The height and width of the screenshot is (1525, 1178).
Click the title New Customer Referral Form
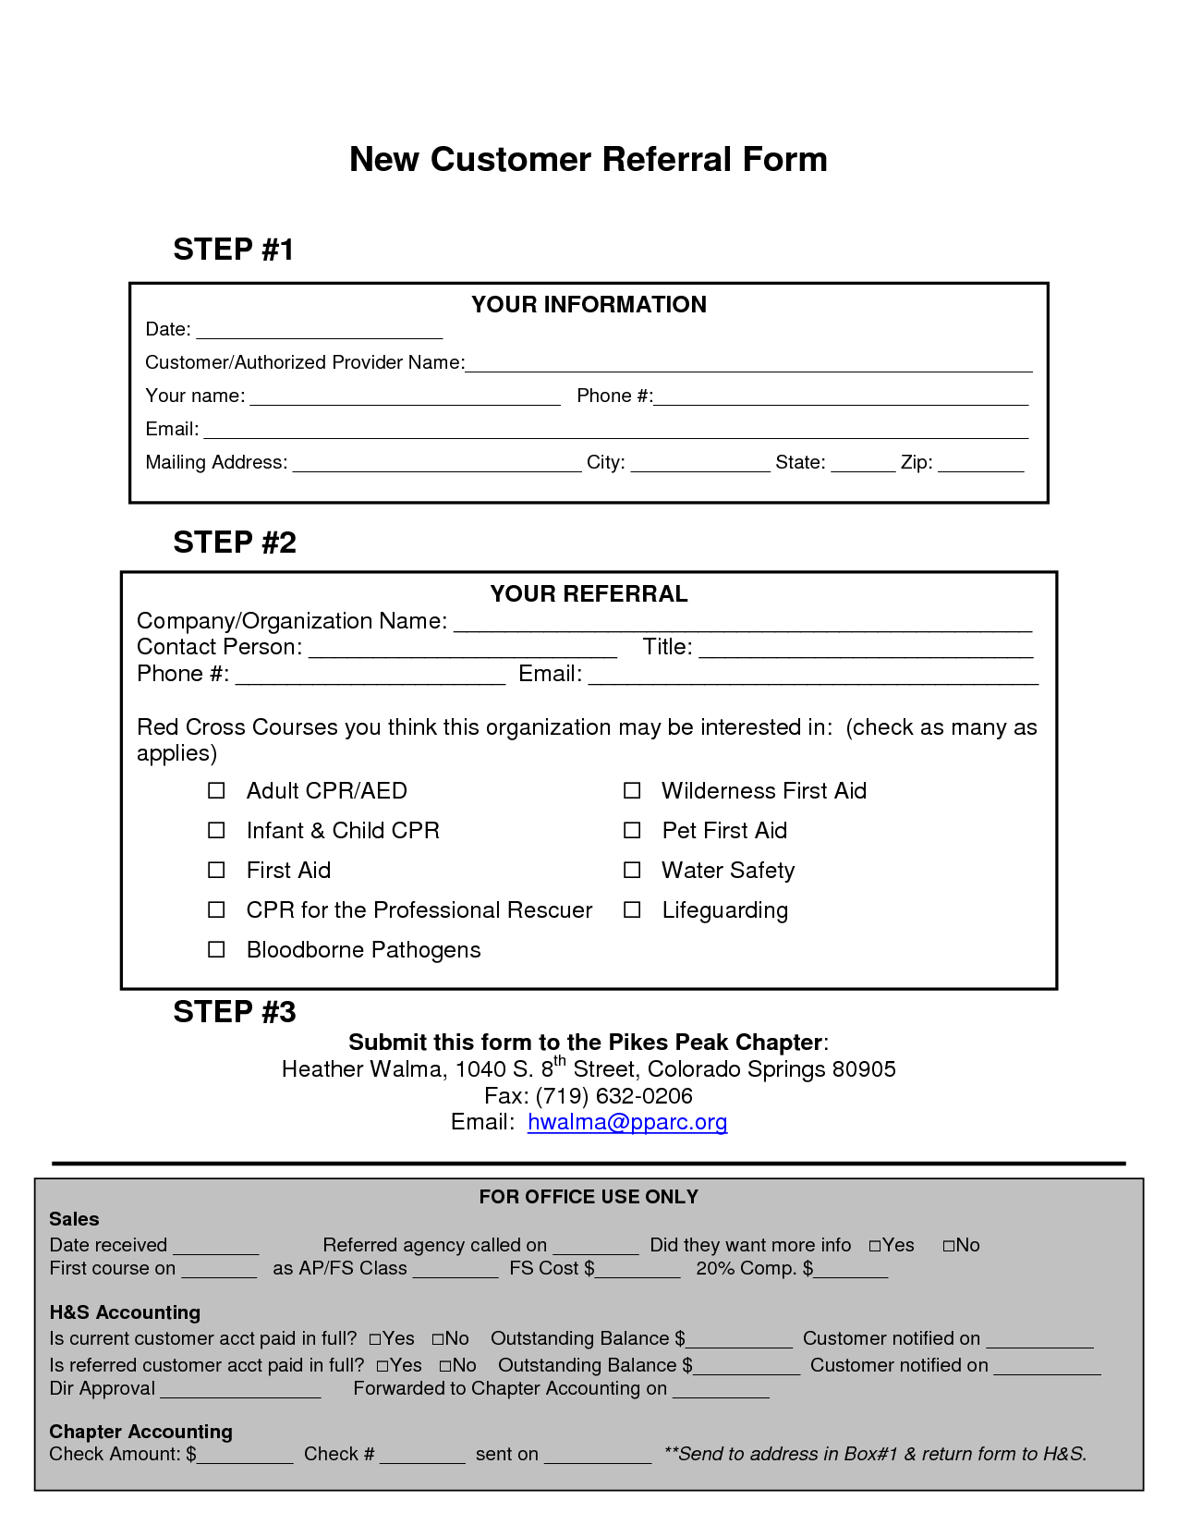coord(588,159)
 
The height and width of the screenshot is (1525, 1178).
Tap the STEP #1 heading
coord(233,250)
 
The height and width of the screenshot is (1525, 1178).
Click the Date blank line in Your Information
coord(319,332)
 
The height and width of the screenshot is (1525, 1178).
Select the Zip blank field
coord(980,465)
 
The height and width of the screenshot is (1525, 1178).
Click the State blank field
coord(862,465)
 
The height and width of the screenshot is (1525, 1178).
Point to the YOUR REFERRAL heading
coord(589,594)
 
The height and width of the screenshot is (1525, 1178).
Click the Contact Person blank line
coord(462,650)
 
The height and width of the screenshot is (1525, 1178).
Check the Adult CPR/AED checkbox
coord(216,791)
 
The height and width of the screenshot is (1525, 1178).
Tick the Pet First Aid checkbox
coord(632,831)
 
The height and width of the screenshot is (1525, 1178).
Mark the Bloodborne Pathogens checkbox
coord(216,950)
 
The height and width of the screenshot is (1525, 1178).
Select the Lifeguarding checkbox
coord(632,910)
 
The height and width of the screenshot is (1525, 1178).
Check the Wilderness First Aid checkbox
coord(632,791)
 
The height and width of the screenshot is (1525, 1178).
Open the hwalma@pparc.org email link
coord(627,1122)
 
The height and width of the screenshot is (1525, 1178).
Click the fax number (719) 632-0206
coord(613,1096)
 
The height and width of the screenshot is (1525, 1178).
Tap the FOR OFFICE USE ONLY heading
coord(589,1197)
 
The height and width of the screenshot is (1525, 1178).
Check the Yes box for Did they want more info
coord(875,1246)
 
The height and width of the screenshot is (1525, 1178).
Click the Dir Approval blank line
coord(240,1391)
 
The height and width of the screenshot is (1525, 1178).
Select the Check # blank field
coord(422,1457)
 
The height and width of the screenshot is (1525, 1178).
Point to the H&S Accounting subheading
coord(125,1312)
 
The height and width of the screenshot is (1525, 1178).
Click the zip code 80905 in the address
coord(864,1069)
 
